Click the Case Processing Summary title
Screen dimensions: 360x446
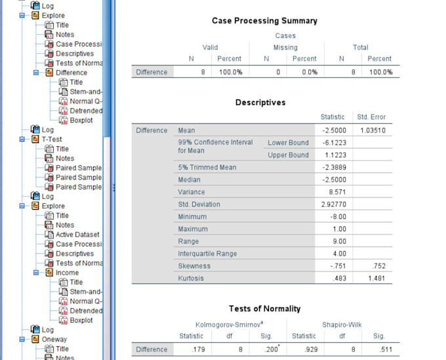click(264, 21)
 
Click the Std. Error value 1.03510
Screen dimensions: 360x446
click(371, 130)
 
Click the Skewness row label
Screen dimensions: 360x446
click(194, 266)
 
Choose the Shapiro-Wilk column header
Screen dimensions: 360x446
click(341, 325)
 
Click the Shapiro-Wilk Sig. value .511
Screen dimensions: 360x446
click(378, 350)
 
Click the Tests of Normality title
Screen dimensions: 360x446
click(264, 309)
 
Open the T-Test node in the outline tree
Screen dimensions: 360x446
click(52, 140)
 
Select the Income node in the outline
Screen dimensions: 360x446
click(67, 273)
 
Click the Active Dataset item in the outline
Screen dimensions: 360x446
click(77, 235)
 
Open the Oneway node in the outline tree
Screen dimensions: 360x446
click(55, 340)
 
